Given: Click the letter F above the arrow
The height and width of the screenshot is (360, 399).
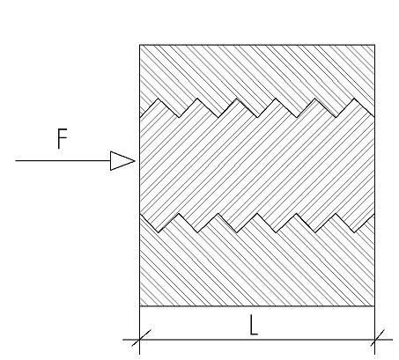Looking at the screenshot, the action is (x=62, y=139).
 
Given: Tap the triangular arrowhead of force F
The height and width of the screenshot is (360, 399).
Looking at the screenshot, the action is (x=122, y=161).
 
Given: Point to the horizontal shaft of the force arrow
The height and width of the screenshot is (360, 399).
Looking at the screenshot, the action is (x=63, y=161).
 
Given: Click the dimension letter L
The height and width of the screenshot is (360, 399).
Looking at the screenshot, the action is (x=254, y=325).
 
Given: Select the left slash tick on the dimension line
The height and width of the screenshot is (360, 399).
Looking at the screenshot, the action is (x=141, y=338).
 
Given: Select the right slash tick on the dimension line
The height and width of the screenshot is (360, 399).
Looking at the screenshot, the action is (x=377, y=338).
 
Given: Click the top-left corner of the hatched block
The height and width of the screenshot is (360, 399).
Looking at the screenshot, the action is (x=139, y=45).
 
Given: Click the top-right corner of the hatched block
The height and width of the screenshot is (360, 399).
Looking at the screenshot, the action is (x=374, y=45).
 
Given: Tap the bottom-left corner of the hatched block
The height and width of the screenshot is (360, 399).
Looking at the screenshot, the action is (x=139, y=306).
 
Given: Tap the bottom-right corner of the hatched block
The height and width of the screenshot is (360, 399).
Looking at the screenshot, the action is (x=374, y=306).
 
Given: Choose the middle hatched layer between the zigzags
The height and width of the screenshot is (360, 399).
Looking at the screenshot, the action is (x=257, y=165).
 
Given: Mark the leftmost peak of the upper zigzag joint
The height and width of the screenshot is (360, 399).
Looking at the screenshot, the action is (x=159, y=99).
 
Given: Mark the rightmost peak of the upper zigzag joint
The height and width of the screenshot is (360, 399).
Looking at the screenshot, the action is (x=354, y=99).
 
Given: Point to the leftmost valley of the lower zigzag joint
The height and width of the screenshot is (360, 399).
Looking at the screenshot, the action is (x=159, y=232).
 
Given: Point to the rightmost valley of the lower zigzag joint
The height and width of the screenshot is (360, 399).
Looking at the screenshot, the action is (x=354, y=232).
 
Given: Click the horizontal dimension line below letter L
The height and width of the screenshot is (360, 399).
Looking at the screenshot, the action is (x=257, y=340).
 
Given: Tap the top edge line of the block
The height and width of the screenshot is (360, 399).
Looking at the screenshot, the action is (x=257, y=45).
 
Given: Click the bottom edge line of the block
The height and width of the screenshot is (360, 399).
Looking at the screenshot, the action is (x=257, y=306).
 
